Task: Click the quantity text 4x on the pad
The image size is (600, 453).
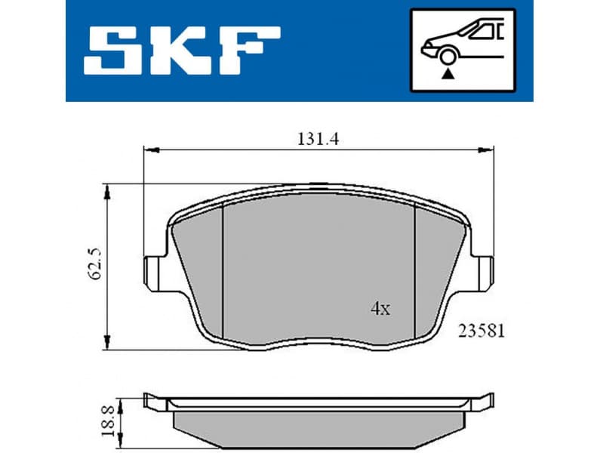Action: pyautogui.click(x=380, y=308)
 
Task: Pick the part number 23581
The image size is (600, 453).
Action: pyautogui.click(x=479, y=330)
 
